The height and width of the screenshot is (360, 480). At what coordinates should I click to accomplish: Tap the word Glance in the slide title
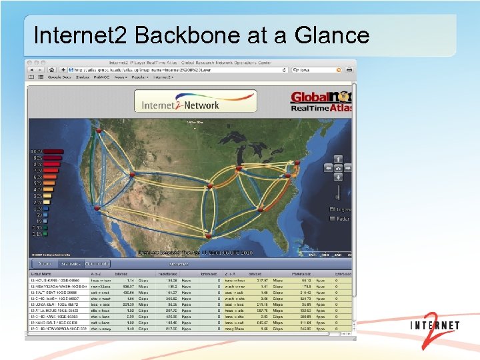point(331,35)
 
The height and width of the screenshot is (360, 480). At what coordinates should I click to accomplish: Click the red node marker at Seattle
point(105,131)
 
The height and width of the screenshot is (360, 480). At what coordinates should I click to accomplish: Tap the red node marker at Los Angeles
point(99,208)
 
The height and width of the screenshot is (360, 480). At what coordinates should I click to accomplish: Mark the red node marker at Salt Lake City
point(133,174)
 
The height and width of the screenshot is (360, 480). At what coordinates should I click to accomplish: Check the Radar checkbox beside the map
point(332,219)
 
